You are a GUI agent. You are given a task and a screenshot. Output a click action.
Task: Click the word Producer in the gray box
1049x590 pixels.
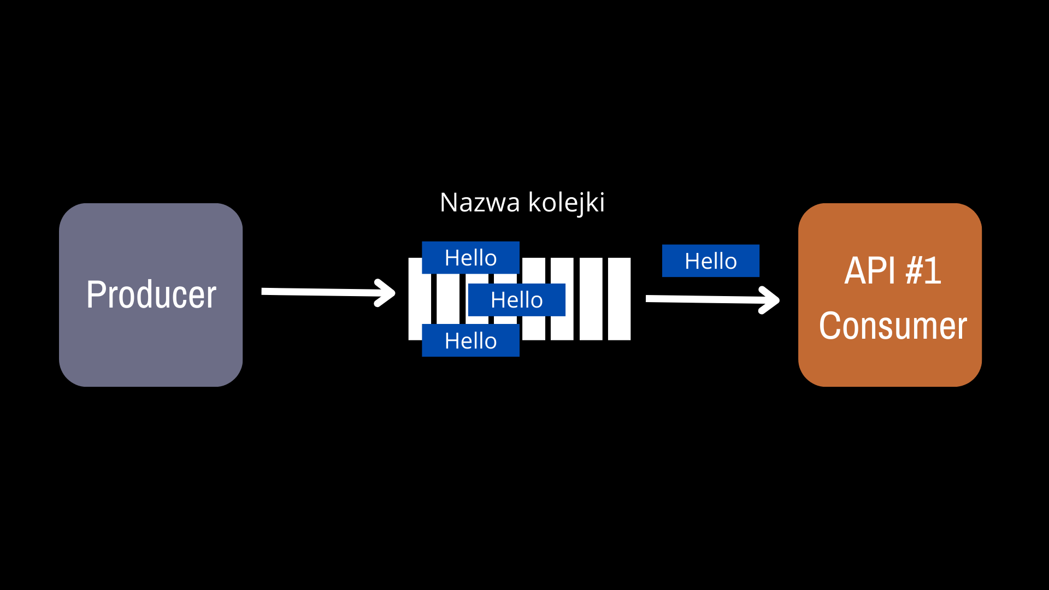click(x=151, y=294)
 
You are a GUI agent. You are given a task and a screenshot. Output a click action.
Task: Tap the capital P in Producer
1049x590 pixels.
click(x=96, y=294)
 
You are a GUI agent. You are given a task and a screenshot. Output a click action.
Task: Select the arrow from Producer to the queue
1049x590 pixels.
click(x=328, y=292)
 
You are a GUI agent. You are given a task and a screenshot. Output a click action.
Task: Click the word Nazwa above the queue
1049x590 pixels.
click(x=480, y=202)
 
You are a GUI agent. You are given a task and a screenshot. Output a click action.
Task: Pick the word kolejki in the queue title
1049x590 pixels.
click(x=567, y=203)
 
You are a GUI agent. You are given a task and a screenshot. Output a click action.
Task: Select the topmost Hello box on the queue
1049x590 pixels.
click(x=470, y=257)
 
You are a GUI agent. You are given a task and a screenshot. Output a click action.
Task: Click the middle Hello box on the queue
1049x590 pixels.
click(x=516, y=299)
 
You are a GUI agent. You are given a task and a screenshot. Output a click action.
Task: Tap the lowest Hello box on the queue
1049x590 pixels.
click(x=470, y=340)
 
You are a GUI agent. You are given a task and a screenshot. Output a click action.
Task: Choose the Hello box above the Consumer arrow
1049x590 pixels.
click(x=710, y=261)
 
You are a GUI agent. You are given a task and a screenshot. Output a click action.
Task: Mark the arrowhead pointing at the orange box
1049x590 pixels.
click(x=770, y=300)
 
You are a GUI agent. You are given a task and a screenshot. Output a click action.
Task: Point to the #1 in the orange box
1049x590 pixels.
click(x=923, y=270)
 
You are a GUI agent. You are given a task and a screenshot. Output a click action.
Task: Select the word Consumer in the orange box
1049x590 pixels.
click(x=893, y=326)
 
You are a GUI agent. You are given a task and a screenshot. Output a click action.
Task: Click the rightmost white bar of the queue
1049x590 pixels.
click(x=619, y=299)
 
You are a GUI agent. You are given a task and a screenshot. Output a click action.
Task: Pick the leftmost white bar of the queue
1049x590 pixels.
click(x=416, y=299)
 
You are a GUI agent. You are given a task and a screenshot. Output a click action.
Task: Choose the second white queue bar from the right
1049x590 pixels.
click(x=591, y=299)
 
